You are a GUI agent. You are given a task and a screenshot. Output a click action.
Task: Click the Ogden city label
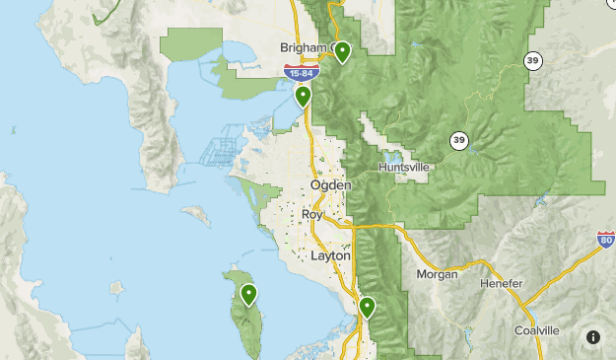[x=330, y=185]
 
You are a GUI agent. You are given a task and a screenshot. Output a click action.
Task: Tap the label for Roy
[x=311, y=214]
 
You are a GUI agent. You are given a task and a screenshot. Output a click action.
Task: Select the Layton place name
[x=329, y=254]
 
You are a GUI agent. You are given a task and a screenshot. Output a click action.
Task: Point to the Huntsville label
[x=404, y=168]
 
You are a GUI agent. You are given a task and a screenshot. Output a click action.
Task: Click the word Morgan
[x=437, y=274]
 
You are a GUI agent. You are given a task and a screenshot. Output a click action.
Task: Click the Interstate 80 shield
[x=606, y=240]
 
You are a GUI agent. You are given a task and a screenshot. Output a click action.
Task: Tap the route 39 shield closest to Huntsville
[x=458, y=140]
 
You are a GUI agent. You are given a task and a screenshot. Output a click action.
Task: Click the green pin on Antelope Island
[x=248, y=294]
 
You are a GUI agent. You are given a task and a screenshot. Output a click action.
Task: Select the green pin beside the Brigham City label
[x=342, y=51]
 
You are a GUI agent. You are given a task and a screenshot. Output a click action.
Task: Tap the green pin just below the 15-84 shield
[x=303, y=96]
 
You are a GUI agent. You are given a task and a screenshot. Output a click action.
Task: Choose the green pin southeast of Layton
[x=367, y=307]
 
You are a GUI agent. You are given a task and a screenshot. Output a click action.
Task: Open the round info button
[x=593, y=337]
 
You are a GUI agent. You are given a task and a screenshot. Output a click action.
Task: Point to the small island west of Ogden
[x=196, y=212]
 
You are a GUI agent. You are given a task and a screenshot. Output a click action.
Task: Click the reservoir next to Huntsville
[x=392, y=156]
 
